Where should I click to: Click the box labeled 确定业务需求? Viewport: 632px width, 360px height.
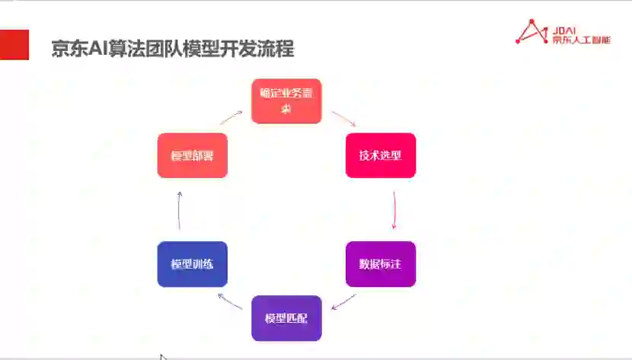point(286,100)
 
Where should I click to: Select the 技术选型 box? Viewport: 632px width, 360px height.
point(381,155)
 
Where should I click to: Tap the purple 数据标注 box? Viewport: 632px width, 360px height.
point(381,264)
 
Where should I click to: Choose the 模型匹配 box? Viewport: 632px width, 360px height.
point(286,318)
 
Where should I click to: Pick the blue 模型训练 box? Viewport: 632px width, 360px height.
point(192,264)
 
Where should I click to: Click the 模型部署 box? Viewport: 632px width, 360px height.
point(192,155)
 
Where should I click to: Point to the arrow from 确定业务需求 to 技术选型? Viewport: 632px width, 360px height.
point(344,119)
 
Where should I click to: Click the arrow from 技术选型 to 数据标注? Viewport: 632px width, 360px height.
point(394,209)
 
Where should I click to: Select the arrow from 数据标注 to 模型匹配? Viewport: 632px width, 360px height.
point(345,301)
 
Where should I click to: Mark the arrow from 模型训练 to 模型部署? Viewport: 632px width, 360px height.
point(179,210)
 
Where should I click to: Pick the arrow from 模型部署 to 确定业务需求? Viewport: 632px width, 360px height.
point(231,117)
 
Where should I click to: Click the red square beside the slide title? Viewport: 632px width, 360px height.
point(14,45)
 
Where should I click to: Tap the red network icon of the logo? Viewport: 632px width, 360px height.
point(531,31)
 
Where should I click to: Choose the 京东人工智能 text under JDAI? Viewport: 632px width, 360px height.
point(582,39)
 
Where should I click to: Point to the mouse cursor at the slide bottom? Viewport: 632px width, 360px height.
point(163,356)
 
